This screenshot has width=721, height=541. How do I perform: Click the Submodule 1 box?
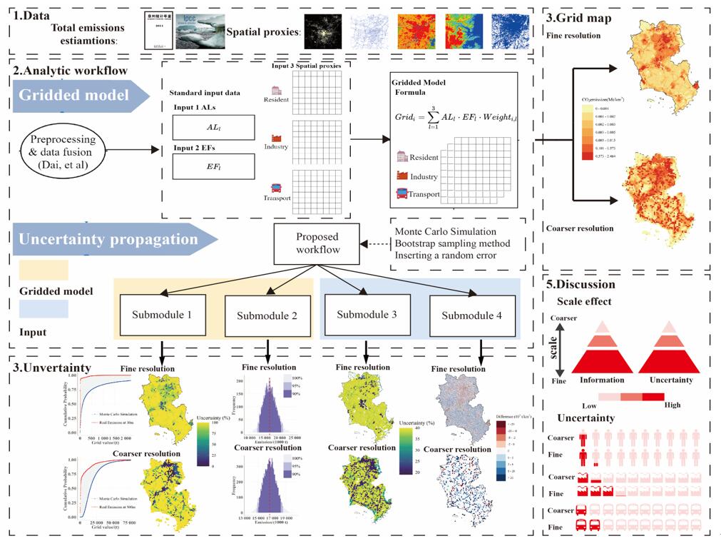(x=164, y=314)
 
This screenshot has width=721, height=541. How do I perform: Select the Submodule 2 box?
(x=267, y=315)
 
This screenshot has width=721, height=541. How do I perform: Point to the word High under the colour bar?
(x=672, y=405)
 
